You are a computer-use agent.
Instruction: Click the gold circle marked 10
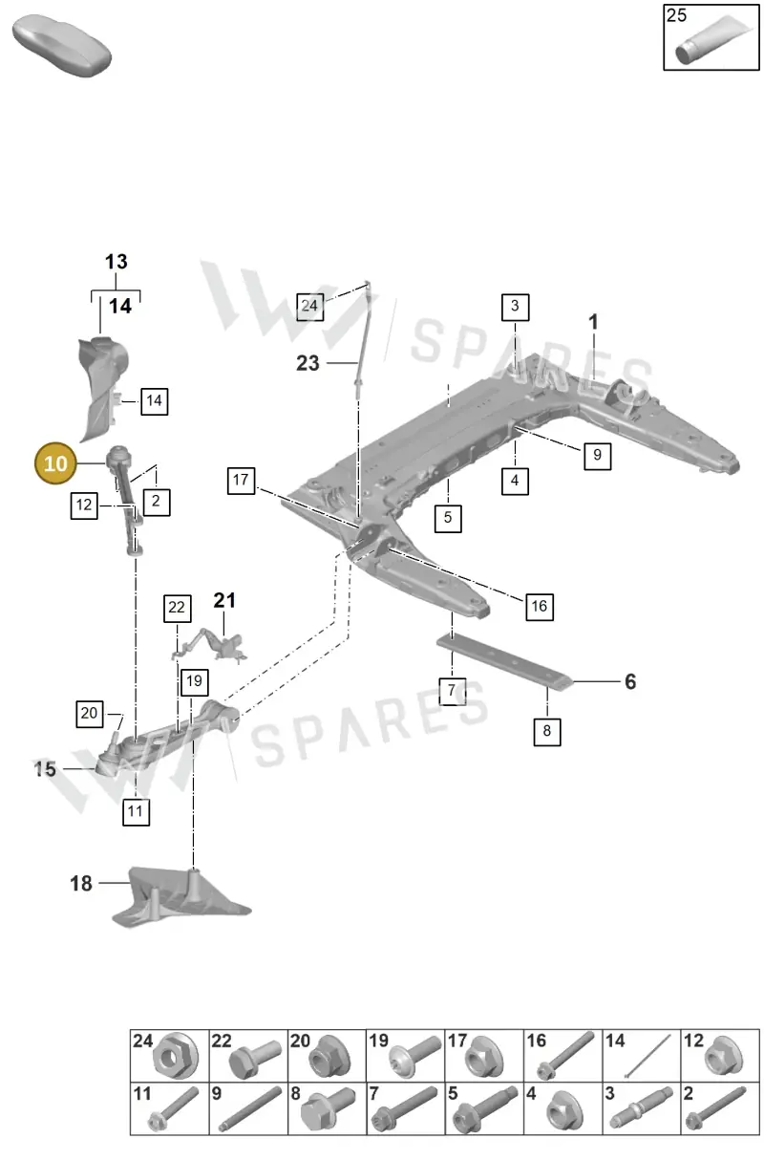55,463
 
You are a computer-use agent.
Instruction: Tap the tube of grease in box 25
713,40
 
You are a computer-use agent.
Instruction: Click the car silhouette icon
61,46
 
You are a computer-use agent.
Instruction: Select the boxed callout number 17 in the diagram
241,480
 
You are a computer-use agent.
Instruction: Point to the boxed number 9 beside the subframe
597,456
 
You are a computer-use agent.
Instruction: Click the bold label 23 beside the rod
308,363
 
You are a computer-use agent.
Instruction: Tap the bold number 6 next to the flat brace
630,681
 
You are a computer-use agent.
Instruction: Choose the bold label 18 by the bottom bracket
81,884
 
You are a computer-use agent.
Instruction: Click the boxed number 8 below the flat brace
546,731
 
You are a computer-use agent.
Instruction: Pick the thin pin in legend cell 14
647,1057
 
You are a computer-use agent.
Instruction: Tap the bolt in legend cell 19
415,1057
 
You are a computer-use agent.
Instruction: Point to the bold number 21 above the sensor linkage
224,600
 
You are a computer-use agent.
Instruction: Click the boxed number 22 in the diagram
177,608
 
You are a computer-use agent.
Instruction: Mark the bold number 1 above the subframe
593,322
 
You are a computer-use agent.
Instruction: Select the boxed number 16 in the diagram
540,607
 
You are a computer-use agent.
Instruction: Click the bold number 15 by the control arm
45,769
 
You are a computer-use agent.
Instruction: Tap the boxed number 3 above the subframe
515,307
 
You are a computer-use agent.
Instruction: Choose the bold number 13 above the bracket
116,262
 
